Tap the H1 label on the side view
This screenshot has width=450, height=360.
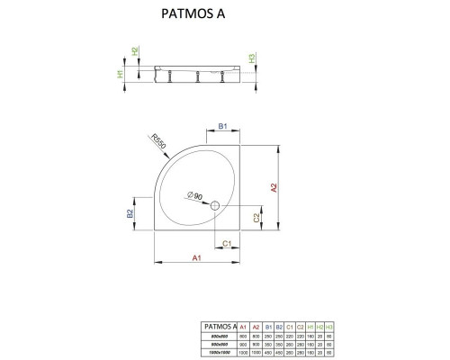point(120,72)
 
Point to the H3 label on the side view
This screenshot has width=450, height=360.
point(253,59)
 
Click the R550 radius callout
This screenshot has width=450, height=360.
point(158,142)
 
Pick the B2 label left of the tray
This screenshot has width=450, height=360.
point(130,213)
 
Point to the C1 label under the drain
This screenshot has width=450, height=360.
point(228,244)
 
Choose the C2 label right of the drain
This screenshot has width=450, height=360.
point(256,218)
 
